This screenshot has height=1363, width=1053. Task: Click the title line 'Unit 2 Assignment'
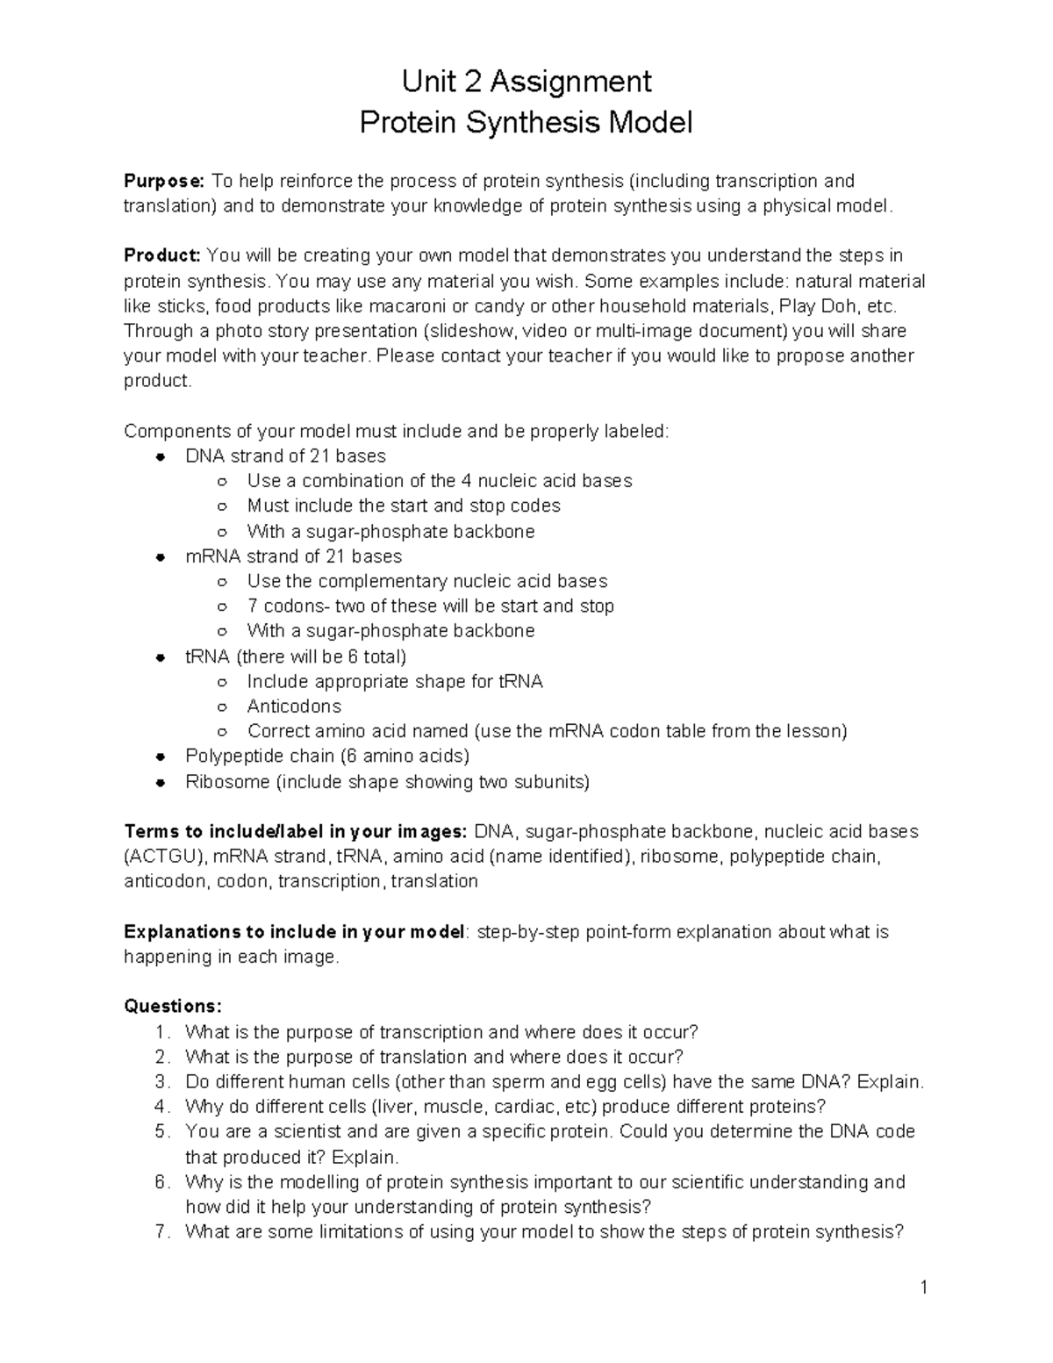pyautogui.click(x=526, y=82)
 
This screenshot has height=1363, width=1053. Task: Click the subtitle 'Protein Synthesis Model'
pyautogui.click(x=526, y=122)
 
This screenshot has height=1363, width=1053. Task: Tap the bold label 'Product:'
pyautogui.click(x=162, y=255)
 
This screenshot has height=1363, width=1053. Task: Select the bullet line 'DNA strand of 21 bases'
pyautogui.click(x=285, y=456)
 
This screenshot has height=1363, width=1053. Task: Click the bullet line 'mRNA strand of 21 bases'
pyautogui.click(x=293, y=556)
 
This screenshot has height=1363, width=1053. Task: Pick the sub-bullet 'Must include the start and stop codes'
pyautogui.click(x=404, y=506)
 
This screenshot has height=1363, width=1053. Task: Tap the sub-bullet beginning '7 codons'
pyautogui.click(x=430, y=606)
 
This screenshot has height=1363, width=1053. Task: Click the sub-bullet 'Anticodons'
pyautogui.click(x=294, y=707)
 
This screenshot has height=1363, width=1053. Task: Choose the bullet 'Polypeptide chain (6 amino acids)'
pyautogui.click(x=327, y=757)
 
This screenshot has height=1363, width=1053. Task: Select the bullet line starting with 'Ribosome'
pyautogui.click(x=387, y=782)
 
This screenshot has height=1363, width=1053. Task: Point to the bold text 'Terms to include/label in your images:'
pyautogui.click(x=296, y=832)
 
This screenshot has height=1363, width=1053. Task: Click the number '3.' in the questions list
pyautogui.click(x=161, y=1082)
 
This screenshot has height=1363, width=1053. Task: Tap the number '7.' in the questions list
pyautogui.click(x=161, y=1232)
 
